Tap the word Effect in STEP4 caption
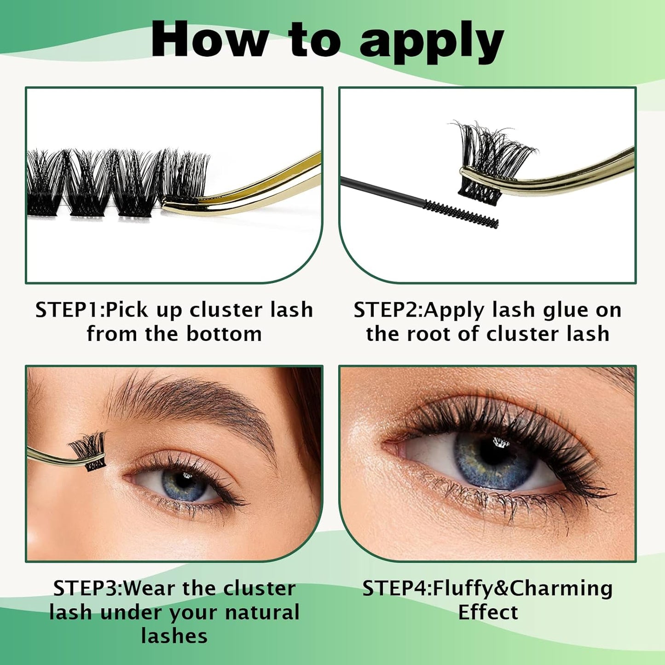point(488,613)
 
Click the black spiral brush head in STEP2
point(461,214)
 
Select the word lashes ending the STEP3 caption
point(174,636)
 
